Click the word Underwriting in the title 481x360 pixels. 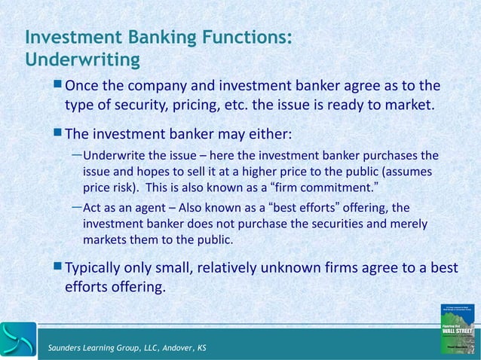tap(82, 58)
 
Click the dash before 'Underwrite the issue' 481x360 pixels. tap(76, 155)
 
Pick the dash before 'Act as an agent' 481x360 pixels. tap(76, 206)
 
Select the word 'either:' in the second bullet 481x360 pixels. tap(268, 135)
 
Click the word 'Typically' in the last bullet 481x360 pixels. tap(97, 267)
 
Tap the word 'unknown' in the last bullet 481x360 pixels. tap(286, 267)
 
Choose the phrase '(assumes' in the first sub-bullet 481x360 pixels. tap(412, 170)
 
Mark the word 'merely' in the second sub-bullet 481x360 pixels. tap(408, 224)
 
